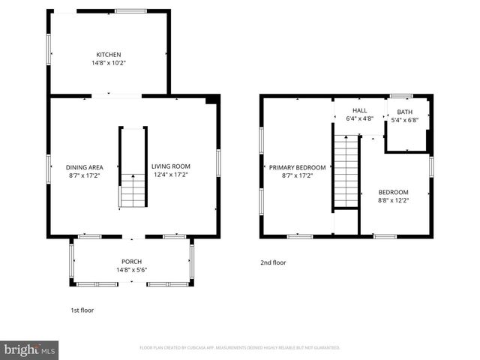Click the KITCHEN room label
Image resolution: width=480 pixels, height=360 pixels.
tap(108, 55)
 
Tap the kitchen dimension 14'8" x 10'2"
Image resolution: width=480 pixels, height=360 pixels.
tap(108, 63)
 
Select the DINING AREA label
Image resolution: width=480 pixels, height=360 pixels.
tap(84, 166)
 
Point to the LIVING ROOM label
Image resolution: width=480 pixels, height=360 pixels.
tap(170, 166)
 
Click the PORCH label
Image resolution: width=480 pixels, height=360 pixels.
tap(131, 262)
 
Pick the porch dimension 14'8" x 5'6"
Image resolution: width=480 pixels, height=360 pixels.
tap(131, 270)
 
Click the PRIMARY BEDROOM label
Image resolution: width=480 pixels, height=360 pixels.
tap(298, 167)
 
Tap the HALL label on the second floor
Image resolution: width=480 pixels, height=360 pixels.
tap(360, 110)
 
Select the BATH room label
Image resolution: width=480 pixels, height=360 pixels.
tap(405, 112)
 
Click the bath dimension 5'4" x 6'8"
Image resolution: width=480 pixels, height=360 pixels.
tap(405, 120)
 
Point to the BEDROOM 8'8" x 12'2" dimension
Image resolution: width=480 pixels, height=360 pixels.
tap(393, 200)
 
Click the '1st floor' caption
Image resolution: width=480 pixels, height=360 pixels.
tap(82, 310)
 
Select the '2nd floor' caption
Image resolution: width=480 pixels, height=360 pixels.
tap(273, 262)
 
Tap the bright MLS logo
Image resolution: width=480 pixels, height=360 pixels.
tap(30, 349)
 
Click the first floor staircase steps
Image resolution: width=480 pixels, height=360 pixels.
tap(133, 191)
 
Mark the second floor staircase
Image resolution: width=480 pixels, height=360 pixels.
tap(346, 172)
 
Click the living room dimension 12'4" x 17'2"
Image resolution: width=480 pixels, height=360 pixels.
tap(170, 175)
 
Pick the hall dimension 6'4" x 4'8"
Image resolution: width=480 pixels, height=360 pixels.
tap(360, 118)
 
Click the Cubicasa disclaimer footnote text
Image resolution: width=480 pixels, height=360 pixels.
tap(240, 348)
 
